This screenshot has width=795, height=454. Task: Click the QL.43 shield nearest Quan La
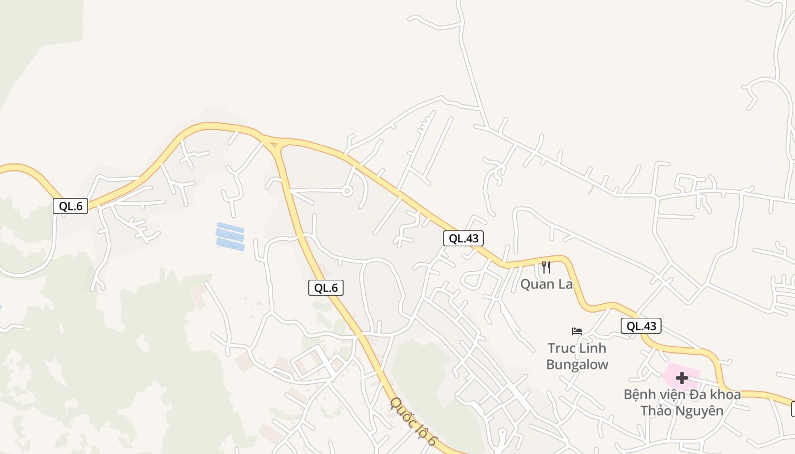click(463, 238)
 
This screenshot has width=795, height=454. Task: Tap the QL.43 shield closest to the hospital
click(641, 326)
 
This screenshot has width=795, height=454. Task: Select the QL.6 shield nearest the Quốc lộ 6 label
click(326, 288)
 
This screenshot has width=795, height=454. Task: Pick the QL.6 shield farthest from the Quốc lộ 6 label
click(70, 206)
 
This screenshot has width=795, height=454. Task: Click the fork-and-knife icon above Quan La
click(546, 267)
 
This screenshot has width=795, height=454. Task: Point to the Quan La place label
click(546, 284)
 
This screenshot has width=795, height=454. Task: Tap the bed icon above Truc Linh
click(577, 331)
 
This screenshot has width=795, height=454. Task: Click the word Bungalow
click(577, 364)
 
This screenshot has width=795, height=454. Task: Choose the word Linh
click(593, 348)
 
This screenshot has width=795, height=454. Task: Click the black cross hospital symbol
click(681, 377)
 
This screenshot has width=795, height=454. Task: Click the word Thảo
click(659, 410)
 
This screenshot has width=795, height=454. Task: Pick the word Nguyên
click(702, 410)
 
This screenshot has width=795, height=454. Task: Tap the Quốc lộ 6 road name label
click(413, 422)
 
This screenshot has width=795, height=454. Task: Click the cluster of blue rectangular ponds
click(230, 236)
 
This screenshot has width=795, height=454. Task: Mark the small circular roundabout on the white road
click(346, 191)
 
